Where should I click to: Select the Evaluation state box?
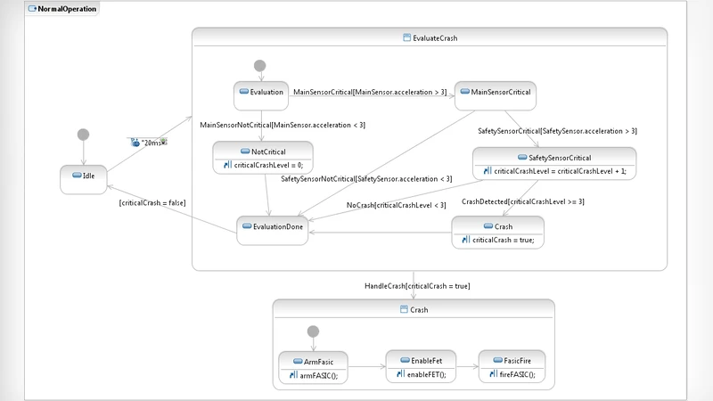click(261, 92)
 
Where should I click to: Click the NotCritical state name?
click(267, 151)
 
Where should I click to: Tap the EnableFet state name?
click(425, 361)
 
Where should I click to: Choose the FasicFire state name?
click(517, 361)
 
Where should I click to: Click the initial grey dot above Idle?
click(83, 135)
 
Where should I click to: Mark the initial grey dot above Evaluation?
click(259, 65)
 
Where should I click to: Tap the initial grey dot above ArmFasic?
click(312, 331)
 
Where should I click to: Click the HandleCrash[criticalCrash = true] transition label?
click(416, 286)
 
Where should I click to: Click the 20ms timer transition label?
click(149, 141)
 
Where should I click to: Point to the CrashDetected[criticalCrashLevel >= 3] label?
click(522, 202)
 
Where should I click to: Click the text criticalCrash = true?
click(502, 240)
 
